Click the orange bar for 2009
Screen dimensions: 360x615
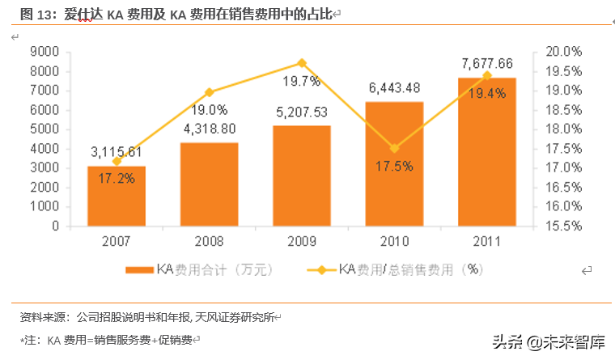coord(301,176)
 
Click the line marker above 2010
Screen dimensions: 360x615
coord(394,148)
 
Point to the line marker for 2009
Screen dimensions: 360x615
coord(302,62)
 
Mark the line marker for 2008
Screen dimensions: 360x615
coord(209,92)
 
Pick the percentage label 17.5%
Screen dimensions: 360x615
coord(394,166)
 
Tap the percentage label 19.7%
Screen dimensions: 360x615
coord(302,81)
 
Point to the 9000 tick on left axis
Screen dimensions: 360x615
coord(45,52)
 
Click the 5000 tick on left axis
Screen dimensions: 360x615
coord(45,129)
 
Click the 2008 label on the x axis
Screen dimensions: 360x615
coord(209,242)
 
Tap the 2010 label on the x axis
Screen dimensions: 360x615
coord(394,242)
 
